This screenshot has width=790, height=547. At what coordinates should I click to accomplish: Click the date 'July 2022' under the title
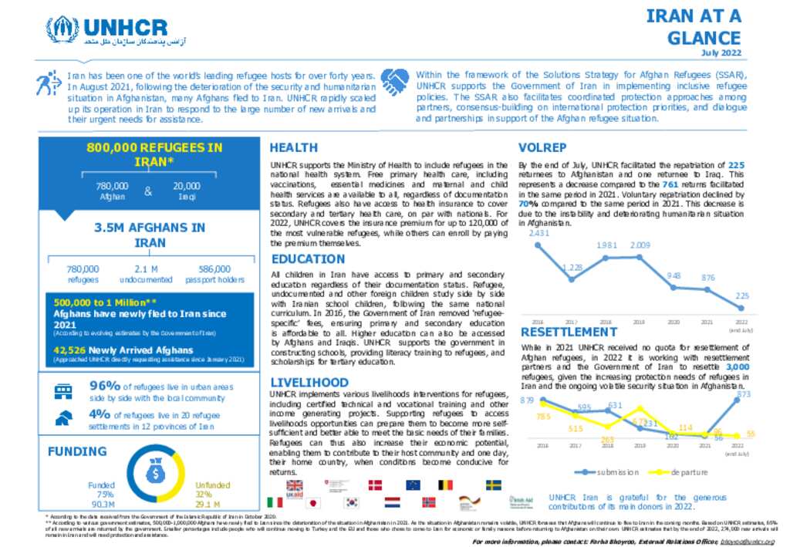pos(721,52)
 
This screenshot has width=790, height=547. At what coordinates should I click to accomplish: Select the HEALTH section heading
pos(294,147)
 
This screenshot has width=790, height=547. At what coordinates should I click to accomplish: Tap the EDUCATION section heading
pos(308,259)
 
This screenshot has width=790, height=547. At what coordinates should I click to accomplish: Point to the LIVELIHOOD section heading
pos(309,383)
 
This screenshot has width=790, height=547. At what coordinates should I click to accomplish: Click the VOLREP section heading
pos(543,147)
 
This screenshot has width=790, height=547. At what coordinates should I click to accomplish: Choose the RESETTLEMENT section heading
pos(569,333)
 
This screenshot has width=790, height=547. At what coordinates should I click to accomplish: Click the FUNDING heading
pos(77,451)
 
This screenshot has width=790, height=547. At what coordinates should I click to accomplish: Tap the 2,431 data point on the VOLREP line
pos(538,244)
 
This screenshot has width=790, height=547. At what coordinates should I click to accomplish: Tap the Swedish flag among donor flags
pos(493,485)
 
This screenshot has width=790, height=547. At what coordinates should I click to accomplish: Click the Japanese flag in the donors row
pos(313,502)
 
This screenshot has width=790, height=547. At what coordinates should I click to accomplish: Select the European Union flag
pos(413,485)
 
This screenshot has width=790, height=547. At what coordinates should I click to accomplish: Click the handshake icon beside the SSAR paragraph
pos(396,80)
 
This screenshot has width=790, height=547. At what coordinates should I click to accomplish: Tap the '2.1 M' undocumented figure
pos(146,269)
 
